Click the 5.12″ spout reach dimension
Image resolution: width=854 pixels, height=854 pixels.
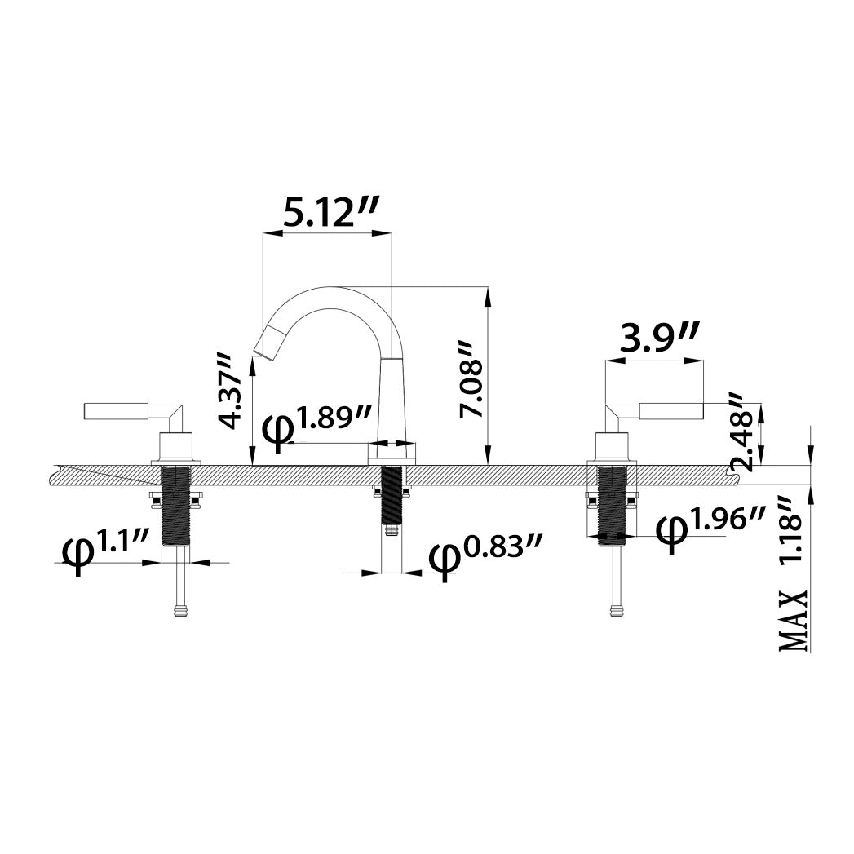tap(330, 214)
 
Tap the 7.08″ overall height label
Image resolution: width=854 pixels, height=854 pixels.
tap(471, 379)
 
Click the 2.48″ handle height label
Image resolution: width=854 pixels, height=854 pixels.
tap(743, 431)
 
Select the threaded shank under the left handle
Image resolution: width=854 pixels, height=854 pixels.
tap(176, 505)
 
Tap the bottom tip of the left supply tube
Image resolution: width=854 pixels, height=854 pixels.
tap(182, 616)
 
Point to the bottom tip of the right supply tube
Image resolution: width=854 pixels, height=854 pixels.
tap(616, 616)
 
